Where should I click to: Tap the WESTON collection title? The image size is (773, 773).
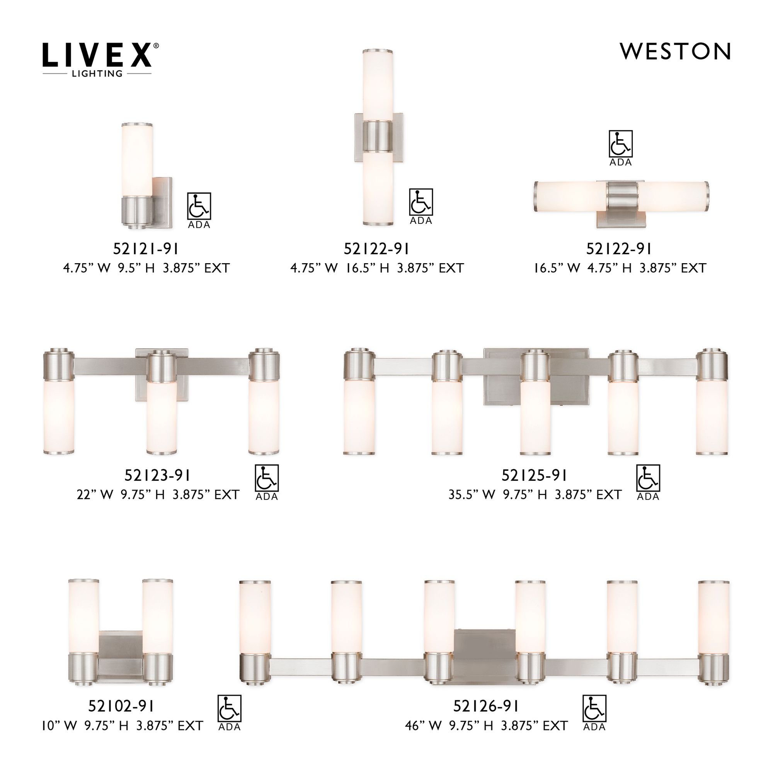point(675,52)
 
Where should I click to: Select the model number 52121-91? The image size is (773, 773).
point(146,249)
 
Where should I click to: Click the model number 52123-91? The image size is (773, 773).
point(157,475)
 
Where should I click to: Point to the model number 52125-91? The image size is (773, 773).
point(534,475)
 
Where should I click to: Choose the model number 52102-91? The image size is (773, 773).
point(121,707)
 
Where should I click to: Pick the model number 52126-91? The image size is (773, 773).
point(486,707)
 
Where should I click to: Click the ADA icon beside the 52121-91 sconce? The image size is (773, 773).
point(199,210)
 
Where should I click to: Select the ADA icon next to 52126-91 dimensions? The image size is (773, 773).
point(594,713)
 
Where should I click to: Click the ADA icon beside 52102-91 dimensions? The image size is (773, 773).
point(229,713)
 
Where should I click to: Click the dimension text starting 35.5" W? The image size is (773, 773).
point(535,495)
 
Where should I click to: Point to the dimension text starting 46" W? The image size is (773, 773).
point(486,725)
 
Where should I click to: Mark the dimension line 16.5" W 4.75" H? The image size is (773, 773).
point(620,268)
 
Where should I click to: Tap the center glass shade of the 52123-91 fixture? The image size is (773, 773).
point(162,416)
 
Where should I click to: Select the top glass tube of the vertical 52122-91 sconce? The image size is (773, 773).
point(378,86)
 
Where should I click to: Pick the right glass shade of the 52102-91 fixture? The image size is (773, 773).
point(158,616)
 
